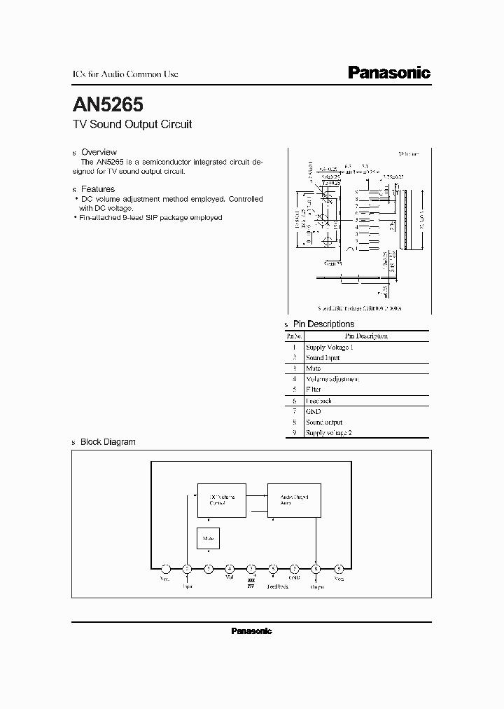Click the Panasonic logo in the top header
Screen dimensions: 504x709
click(x=389, y=73)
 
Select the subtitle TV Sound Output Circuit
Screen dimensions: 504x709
click(x=132, y=125)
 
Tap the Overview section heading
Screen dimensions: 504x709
click(x=99, y=152)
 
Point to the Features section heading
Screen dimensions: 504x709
click(x=97, y=189)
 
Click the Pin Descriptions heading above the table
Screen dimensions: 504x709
click(x=323, y=324)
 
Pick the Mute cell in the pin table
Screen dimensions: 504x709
click(x=313, y=368)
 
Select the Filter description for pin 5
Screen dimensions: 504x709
click(x=314, y=390)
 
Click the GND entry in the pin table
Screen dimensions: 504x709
click(x=313, y=411)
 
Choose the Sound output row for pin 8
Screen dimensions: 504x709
click(x=324, y=422)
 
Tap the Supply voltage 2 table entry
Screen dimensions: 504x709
click(x=328, y=433)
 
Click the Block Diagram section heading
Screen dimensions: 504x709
click(x=108, y=442)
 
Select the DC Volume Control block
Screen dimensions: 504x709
click(x=220, y=500)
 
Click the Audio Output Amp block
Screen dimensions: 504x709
click(x=294, y=500)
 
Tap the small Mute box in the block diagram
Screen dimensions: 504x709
click(x=208, y=538)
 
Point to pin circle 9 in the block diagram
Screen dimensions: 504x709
click(x=339, y=569)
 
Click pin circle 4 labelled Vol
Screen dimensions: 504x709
click(x=230, y=569)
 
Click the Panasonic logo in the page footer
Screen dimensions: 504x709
click(x=251, y=631)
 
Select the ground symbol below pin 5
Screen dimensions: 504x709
click(x=251, y=583)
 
